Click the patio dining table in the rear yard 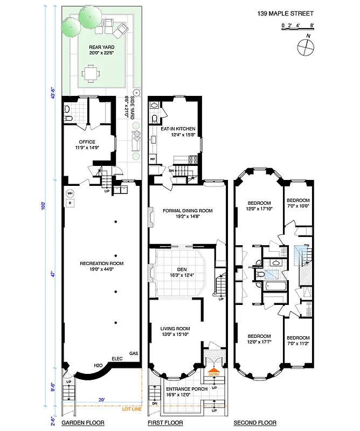click(92, 72)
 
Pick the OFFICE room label click(87, 142)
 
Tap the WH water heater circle click(70, 193)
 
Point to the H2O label click(99, 366)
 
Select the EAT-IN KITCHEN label click(177, 129)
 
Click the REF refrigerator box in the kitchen click(153, 159)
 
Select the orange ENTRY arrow click(214, 372)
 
